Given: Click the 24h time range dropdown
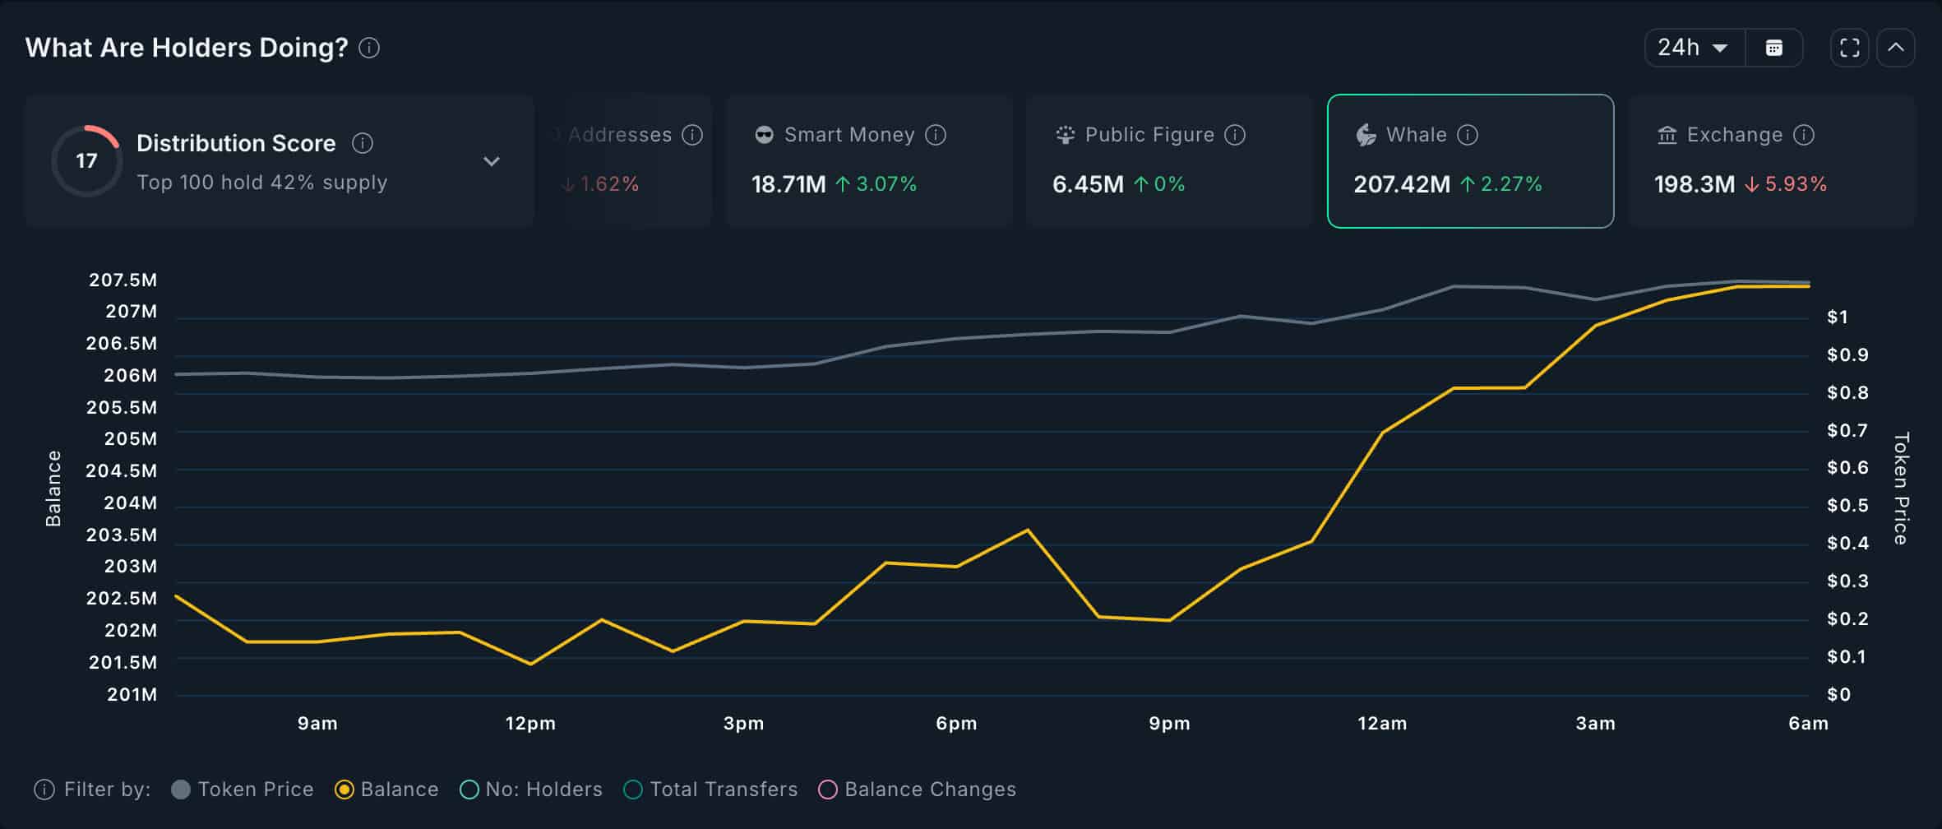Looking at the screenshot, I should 1692,48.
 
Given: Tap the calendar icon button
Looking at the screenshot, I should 1773,48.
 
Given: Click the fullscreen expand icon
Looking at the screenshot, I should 1849,48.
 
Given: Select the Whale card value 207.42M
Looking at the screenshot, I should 1402,184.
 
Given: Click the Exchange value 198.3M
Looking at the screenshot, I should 1694,184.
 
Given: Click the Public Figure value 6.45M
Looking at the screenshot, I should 1087,184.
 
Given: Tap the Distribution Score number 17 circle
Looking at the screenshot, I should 86,160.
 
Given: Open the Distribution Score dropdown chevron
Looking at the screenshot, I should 491,161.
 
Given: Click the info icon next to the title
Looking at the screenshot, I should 369,48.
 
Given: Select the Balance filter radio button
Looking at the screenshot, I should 344,790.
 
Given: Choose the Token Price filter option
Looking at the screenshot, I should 181,790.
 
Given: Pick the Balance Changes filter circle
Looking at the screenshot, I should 828,790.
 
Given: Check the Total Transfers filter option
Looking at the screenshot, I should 633,790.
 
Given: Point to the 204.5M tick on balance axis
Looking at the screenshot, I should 121,470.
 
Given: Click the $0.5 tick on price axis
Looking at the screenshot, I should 1847,505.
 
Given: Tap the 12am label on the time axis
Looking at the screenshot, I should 1381,724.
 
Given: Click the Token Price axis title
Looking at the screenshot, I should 1901,489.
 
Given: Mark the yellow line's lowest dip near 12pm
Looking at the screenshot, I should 530,663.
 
